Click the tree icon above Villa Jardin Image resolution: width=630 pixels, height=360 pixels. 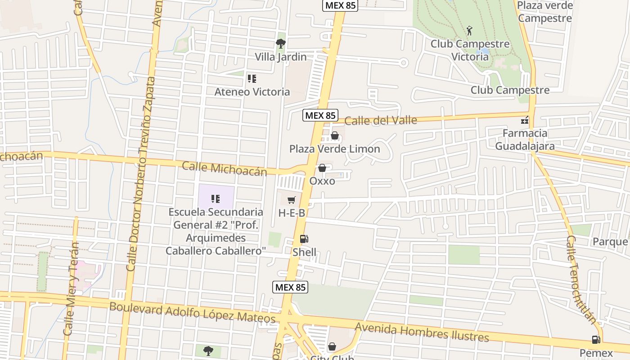pos(281,44)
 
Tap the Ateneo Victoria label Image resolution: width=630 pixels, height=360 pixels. pos(252,92)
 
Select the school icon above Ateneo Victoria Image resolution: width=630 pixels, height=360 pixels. pos(252,79)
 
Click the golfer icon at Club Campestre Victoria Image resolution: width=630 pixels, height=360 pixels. pos(470,31)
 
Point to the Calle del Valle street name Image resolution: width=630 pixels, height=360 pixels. pos(381,120)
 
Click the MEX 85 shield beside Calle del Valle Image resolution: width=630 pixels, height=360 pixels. pos(320,115)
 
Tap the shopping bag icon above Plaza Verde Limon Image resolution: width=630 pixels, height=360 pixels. pos(335,135)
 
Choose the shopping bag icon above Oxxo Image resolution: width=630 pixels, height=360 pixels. pos(322,168)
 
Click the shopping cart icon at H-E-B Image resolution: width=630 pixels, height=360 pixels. pos(292,200)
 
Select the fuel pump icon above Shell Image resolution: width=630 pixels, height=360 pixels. pos(304,239)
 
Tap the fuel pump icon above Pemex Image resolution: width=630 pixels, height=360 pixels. pos(596,340)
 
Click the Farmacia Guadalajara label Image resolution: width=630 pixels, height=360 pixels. pos(525,139)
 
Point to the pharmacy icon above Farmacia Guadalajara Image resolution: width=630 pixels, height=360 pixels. pos(525,121)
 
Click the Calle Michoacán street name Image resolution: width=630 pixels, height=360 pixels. pos(224,169)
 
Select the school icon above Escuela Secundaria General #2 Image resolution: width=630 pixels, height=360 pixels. pos(216,198)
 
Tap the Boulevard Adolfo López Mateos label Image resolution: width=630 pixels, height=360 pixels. pos(192,312)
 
